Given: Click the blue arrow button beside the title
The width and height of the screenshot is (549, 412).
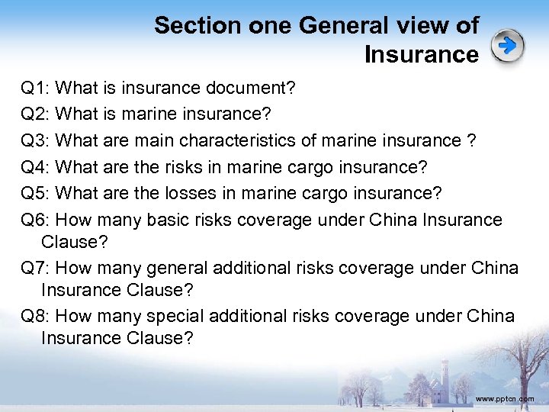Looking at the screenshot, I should point(508,47).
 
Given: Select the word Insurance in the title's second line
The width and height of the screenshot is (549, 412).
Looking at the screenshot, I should point(421,55).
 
